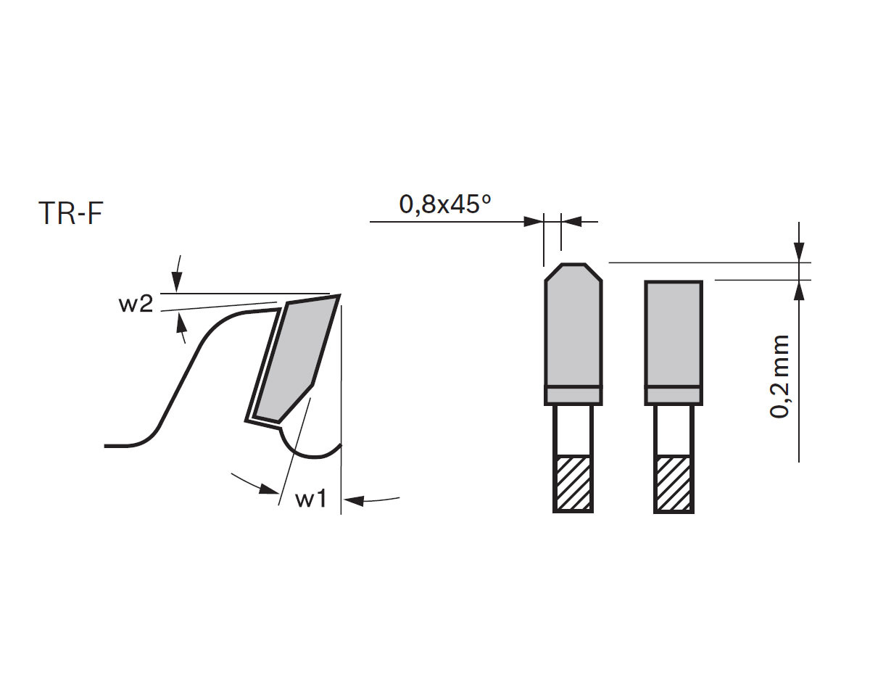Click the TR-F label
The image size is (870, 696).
point(71,213)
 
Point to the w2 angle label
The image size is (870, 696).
point(136,304)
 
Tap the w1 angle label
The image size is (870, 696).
point(310,500)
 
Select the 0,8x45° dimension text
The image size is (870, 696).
point(445,204)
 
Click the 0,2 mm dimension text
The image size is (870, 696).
point(779,376)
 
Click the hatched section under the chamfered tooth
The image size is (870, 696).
point(573,484)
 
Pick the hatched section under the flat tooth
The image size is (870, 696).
point(674,484)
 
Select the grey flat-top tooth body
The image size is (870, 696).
point(674,334)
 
